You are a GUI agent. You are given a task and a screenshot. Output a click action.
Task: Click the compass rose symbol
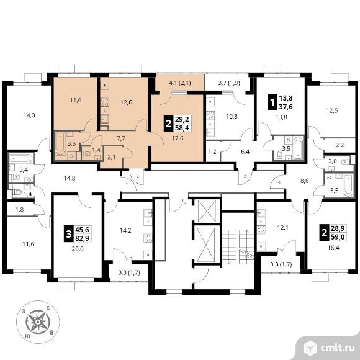point(38,322)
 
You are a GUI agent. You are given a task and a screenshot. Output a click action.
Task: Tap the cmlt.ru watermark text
point(338,348)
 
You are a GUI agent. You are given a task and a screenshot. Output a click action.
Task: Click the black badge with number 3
point(69,234)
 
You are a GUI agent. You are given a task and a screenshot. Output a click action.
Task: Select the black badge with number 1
point(272,102)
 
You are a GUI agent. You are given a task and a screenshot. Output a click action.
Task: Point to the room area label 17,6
point(178,138)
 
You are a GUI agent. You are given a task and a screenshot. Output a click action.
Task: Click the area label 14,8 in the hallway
point(70,178)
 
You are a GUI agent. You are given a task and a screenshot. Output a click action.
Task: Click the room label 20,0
point(78,248)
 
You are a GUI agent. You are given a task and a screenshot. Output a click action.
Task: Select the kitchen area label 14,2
point(125,230)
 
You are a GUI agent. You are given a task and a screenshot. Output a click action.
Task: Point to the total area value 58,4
point(182,128)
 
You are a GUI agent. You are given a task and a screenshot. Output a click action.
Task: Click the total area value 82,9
point(82,238)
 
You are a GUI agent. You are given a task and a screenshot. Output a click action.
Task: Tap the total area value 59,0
point(338,236)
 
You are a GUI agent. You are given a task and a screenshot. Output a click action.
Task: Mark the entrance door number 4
point(279,182)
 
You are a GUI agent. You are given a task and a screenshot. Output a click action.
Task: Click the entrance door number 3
point(245,176)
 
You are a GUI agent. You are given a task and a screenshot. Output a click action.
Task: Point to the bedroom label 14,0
point(29,115)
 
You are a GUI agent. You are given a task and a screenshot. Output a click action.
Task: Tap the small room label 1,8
point(19,209)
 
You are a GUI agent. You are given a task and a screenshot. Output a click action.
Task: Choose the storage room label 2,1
point(111,157)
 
